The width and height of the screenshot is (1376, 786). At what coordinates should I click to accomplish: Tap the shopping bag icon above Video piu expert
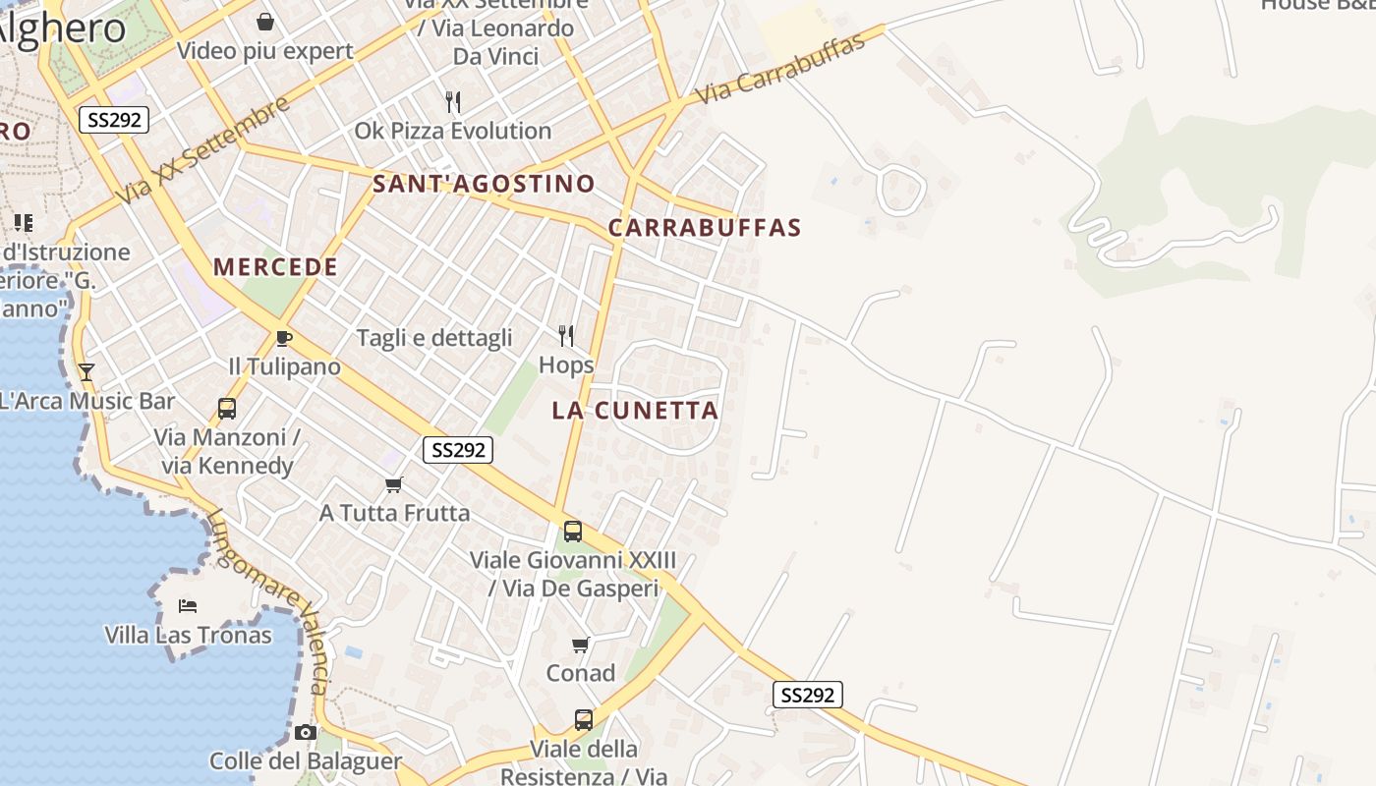(x=264, y=22)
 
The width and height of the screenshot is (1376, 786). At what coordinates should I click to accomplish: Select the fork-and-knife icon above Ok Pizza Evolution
(x=453, y=101)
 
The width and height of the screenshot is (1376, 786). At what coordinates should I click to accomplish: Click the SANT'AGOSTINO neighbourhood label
(x=484, y=184)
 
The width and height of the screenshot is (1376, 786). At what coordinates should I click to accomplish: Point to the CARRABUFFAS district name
(x=705, y=228)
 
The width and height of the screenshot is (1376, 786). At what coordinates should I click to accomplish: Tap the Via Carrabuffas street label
(x=780, y=69)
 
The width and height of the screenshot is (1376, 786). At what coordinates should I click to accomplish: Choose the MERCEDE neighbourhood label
(x=275, y=267)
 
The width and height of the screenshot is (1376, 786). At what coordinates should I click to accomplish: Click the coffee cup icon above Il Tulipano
(x=284, y=338)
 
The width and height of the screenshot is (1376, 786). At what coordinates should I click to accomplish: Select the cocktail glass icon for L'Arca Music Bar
(x=86, y=371)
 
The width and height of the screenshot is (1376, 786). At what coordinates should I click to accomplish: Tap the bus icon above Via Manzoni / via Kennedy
(x=227, y=408)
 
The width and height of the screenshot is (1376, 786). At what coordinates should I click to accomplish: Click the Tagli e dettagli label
(x=434, y=338)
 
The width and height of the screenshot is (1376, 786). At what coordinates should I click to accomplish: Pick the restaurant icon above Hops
(x=566, y=336)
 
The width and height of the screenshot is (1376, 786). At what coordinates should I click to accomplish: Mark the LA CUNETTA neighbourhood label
(x=635, y=411)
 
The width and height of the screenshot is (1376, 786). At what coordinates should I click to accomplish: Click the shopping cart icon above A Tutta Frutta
(x=394, y=484)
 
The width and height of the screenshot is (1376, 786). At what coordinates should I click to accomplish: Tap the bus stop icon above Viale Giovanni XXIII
(x=573, y=532)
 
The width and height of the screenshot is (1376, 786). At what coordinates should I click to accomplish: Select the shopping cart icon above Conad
(x=581, y=645)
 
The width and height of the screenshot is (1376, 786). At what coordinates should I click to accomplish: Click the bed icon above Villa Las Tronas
(x=188, y=605)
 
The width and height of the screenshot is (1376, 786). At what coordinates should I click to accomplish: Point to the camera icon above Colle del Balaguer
(x=306, y=732)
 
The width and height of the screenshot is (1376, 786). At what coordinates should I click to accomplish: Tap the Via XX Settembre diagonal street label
(x=203, y=150)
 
